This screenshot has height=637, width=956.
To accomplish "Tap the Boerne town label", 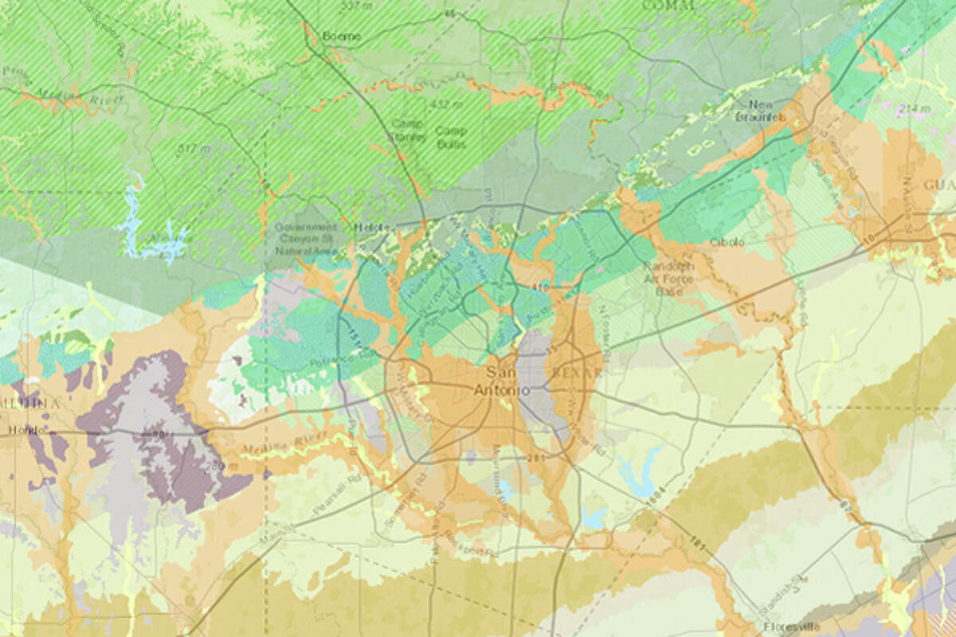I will click(x=341, y=36).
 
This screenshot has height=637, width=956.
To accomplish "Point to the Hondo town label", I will click(x=17, y=431).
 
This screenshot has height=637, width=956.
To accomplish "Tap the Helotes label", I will click(x=372, y=227).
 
